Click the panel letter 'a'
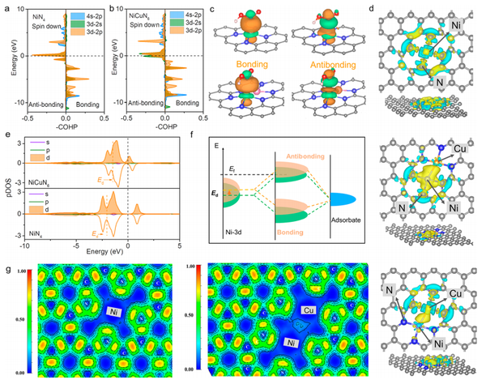pyautogui.click(x=5, y=7)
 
